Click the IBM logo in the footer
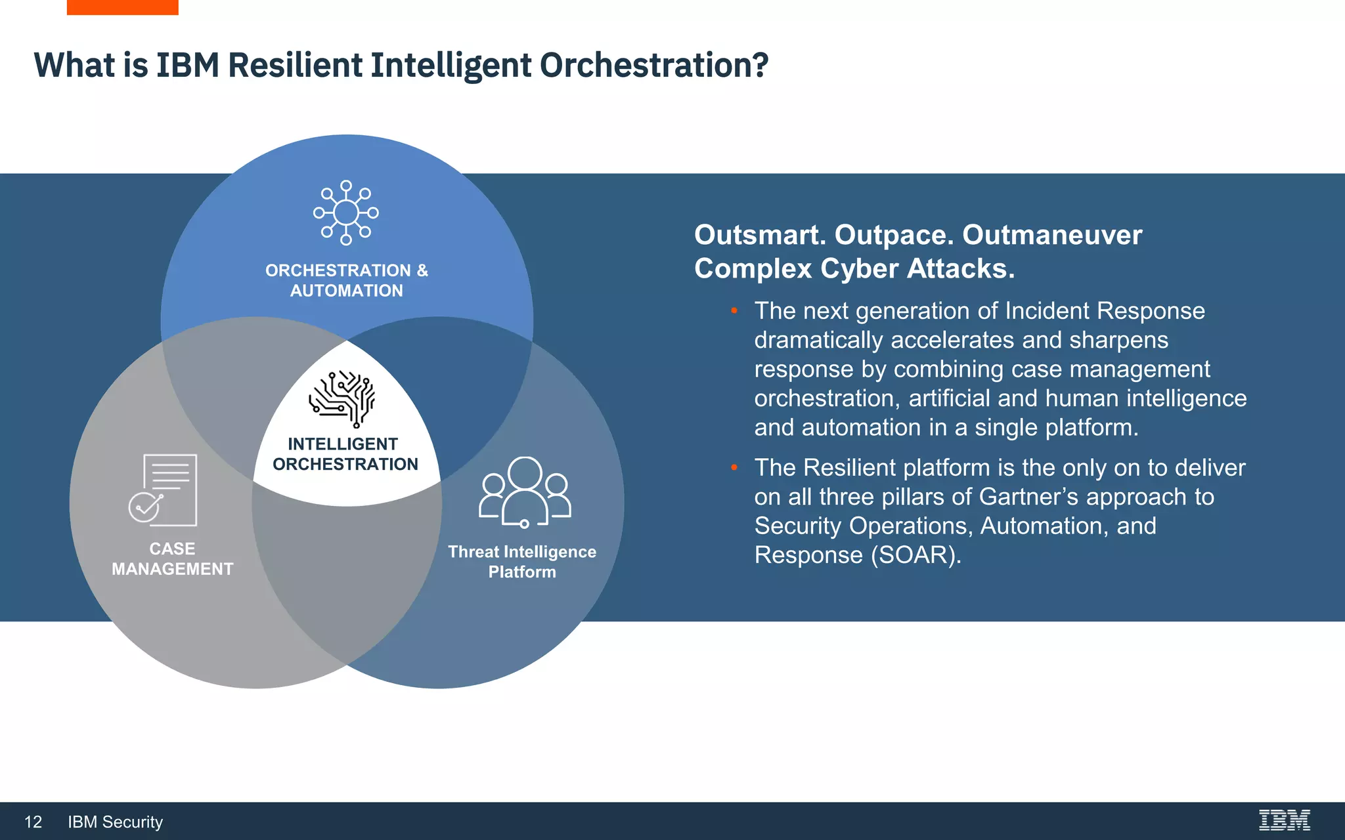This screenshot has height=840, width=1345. pyautogui.click(x=1284, y=820)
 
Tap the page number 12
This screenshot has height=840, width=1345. pyautogui.click(x=33, y=822)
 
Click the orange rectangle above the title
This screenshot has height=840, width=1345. pyautogui.click(x=122, y=7)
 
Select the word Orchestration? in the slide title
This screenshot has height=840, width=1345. pyautogui.click(x=653, y=66)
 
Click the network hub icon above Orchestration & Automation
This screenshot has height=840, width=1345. pyautogui.click(x=346, y=213)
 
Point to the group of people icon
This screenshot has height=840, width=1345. pyautogui.click(x=524, y=492)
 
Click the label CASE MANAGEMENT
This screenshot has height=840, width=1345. pyautogui.click(x=172, y=558)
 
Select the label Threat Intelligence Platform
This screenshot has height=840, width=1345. pyautogui.click(x=522, y=561)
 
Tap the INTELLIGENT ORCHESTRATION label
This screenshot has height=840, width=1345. pyautogui.click(x=345, y=454)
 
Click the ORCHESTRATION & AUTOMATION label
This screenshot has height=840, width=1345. pyautogui.click(x=346, y=280)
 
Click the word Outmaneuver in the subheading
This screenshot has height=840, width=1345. pyautogui.click(x=1052, y=235)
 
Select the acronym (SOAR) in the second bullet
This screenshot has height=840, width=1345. pyautogui.click(x=916, y=555)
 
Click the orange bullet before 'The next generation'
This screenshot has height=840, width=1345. pyautogui.click(x=734, y=310)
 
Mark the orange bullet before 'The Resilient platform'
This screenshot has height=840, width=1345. pyautogui.click(x=734, y=467)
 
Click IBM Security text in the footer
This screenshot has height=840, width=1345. pyautogui.click(x=115, y=822)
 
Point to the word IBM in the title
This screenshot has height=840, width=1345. pyautogui.click(x=187, y=66)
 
